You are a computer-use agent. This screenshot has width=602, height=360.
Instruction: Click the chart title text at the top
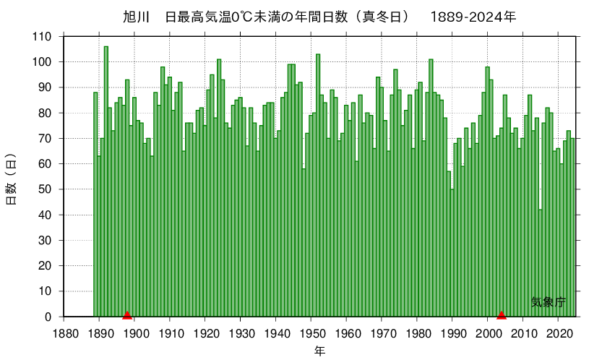pos(319,16)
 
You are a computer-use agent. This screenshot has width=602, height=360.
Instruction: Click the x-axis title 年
pos(319,351)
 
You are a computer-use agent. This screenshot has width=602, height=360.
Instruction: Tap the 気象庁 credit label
pos(548,302)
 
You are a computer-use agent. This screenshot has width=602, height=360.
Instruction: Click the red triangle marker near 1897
pos(127,314)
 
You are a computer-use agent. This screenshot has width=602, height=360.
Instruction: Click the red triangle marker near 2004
pos(502,314)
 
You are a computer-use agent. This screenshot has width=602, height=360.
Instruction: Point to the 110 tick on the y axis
pos(43,36)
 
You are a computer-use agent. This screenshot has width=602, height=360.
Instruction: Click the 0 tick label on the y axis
pos(48,317)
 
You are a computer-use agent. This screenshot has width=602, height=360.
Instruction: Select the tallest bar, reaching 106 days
pos(106,181)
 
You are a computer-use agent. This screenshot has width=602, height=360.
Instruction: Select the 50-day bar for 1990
pos(452,253)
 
